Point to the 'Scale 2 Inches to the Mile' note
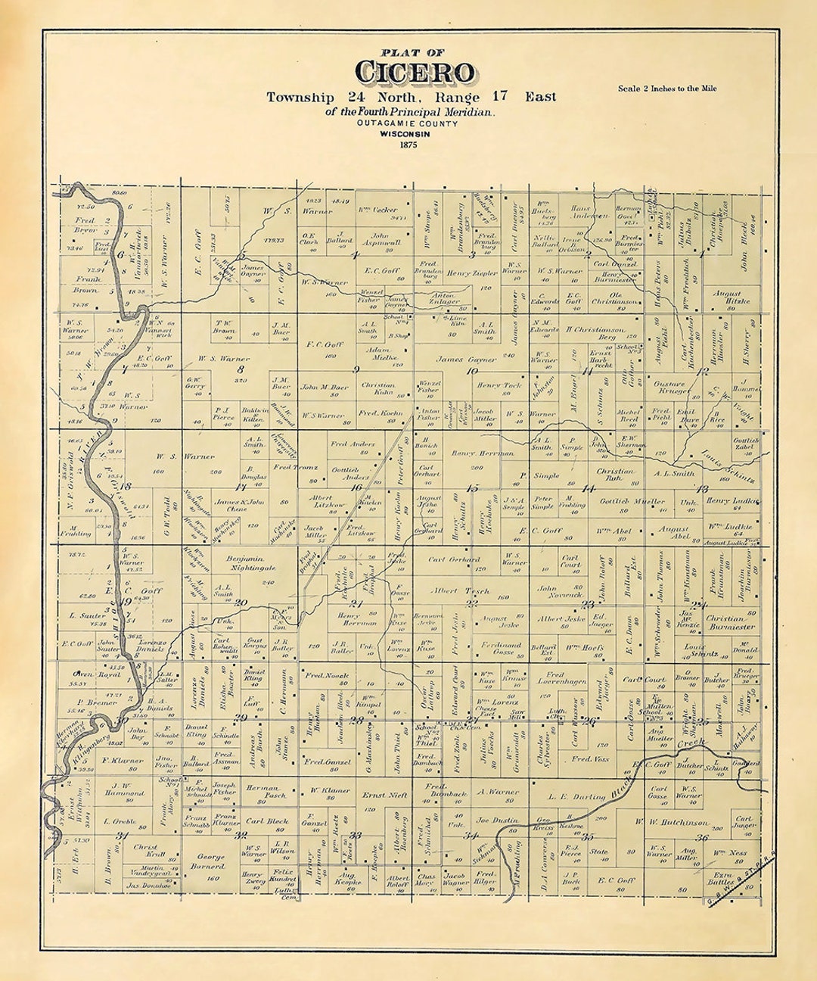click(x=666, y=89)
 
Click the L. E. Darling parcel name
click(x=578, y=796)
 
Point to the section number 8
click(x=241, y=369)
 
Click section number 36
click(x=702, y=836)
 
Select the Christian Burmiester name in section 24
click(x=730, y=622)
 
